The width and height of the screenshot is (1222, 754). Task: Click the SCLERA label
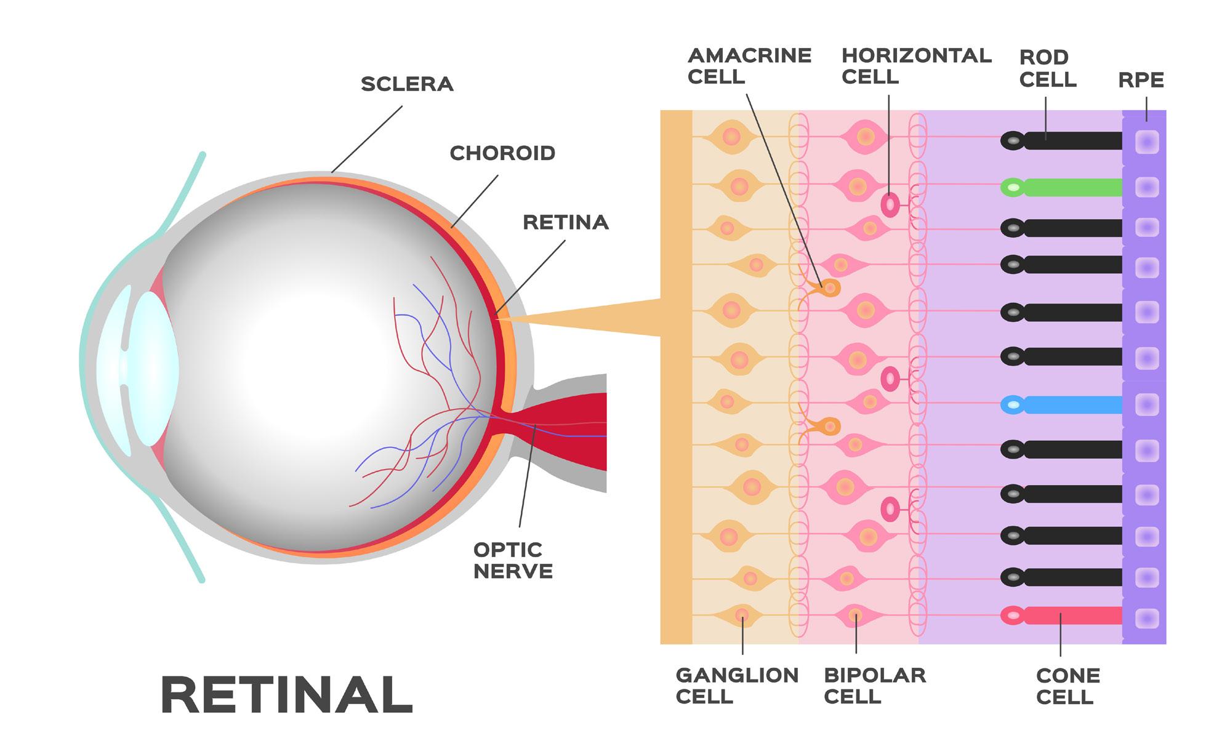(x=407, y=84)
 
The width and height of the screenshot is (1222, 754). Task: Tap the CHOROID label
(x=502, y=153)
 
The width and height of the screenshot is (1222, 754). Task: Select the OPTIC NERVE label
(x=513, y=560)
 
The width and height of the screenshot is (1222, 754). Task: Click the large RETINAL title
(x=287, y=694)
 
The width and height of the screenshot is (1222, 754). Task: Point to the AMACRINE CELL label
(x=749, y=66)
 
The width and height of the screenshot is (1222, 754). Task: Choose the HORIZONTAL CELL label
(x=916, y=66)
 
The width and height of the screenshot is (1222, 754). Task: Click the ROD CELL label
(x=1048, y=68)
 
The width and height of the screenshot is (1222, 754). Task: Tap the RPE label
(x=1141, y=80)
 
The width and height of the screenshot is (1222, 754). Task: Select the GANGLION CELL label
(x=737, y=686)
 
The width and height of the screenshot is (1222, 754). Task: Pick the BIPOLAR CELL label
(x=875, y=686)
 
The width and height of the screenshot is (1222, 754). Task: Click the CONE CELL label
(x=1067, y=686)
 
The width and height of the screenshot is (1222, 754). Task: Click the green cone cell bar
(x=1071, y=187)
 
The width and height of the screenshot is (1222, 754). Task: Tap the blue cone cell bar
(x=1071, y=405)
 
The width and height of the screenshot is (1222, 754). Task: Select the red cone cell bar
(x=1071, y=616)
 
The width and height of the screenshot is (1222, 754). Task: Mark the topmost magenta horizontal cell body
(x=890, y=205)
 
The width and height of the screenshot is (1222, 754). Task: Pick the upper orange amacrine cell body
(x=830, y=287)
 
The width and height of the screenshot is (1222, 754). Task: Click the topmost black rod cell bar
(x=1071, y=141)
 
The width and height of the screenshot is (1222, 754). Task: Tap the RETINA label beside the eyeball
(x=565, y=222)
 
